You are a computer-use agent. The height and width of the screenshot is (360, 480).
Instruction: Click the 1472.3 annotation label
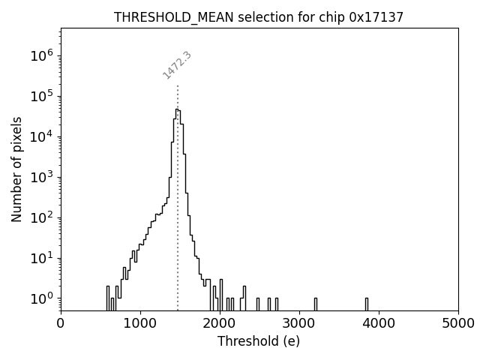(x=177, y=65)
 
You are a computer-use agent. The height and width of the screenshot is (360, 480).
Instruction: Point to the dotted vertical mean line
(x=178, y=225)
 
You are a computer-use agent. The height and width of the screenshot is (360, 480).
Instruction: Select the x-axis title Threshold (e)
(x=259, y=341)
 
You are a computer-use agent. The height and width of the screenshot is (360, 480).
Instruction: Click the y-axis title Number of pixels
(x=16, y=169)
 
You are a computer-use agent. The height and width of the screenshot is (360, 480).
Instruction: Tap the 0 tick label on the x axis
(x=61, y=323)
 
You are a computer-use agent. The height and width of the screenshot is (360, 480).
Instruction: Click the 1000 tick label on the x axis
(x=140, y=323)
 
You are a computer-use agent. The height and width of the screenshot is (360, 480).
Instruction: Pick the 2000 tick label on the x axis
(x=220, y=323)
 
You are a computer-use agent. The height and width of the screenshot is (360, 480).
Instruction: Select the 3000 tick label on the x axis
(x=299, y=323)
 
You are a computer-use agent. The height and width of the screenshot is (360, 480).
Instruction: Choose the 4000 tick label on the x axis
(x=379, y=323)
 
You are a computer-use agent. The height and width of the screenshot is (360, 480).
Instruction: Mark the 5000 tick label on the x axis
(x=457, y=323)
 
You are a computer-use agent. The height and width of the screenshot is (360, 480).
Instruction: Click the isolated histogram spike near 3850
(x=367, y=304)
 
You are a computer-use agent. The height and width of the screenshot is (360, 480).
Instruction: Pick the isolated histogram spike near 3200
(x=315, y=304)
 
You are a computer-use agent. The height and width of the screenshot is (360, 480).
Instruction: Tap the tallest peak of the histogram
(x=177, y=109)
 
